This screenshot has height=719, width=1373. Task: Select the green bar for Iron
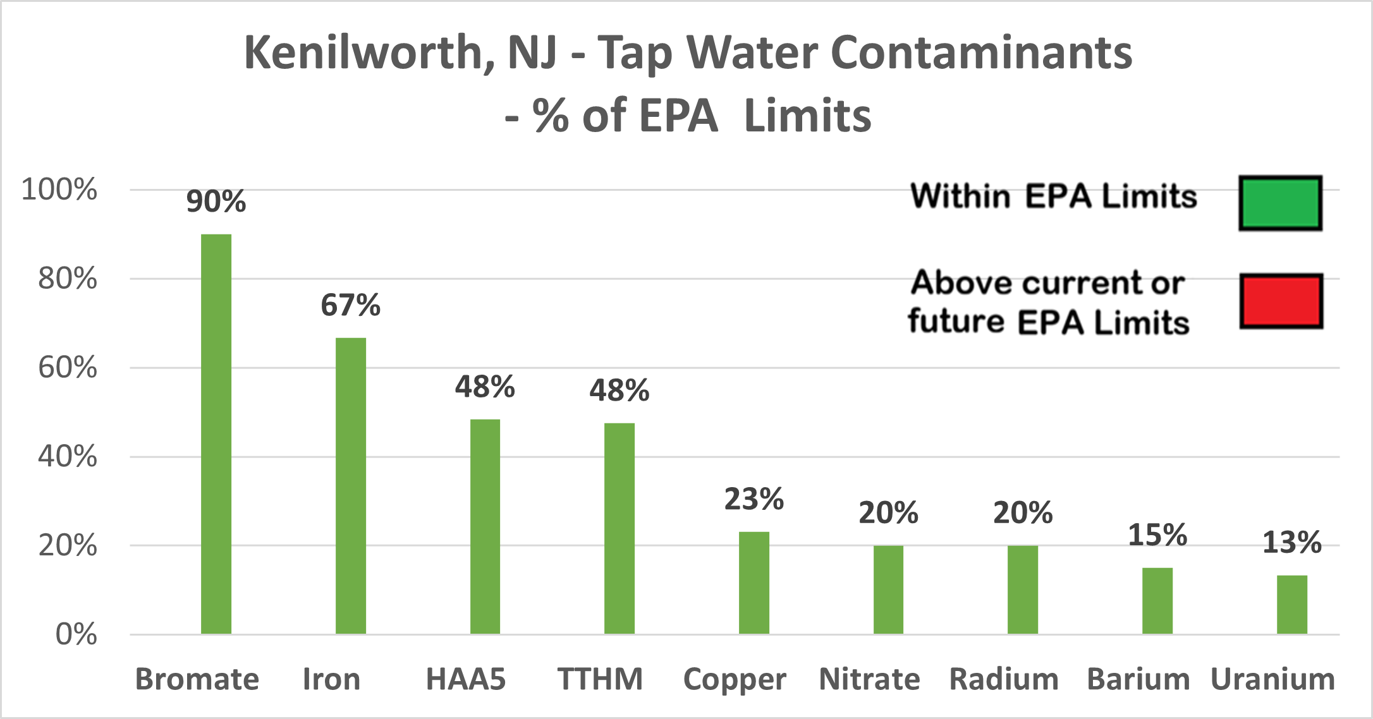coord(351,486)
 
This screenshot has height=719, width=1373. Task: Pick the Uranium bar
coord(1292,605)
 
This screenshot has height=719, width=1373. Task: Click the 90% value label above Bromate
coord(216,202)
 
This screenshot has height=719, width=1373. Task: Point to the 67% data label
coord(351,305)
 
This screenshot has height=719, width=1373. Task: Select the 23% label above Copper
coord(754,499)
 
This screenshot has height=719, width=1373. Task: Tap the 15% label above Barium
coord(1157,535)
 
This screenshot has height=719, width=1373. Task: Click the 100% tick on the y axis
coord(59,190)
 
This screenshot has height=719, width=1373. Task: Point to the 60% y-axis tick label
coord(68,368)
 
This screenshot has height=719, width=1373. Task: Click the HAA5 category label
coord(466,680)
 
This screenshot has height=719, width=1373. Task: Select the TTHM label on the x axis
coord(600,680)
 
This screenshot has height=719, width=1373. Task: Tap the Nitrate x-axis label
coord(869,680)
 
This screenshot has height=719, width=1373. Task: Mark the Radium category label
coord(1004,680)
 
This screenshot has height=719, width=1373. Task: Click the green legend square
coord(1280,203)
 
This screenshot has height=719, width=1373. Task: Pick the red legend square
coord(1281,301)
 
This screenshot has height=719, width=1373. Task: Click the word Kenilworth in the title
coord(363,53)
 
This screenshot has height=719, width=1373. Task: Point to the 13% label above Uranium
coord(1292,543)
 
